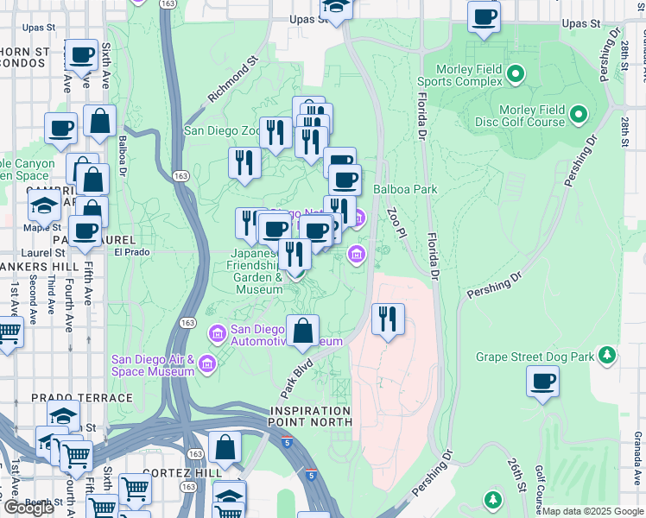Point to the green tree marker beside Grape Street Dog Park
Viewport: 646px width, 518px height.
click(607, 355)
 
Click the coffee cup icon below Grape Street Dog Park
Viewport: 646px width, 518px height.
click(542, 382)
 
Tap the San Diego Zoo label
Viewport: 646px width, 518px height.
click(221, 131)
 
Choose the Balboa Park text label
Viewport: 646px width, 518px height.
click(405, 189)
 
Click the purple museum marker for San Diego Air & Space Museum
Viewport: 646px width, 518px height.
click(206, 365)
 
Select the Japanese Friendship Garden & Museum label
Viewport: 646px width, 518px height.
click(256, 272)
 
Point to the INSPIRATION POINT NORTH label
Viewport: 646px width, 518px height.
click(310, 416)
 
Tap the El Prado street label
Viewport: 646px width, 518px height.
click(131, 252)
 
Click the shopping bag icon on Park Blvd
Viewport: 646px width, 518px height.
click(303, 331)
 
